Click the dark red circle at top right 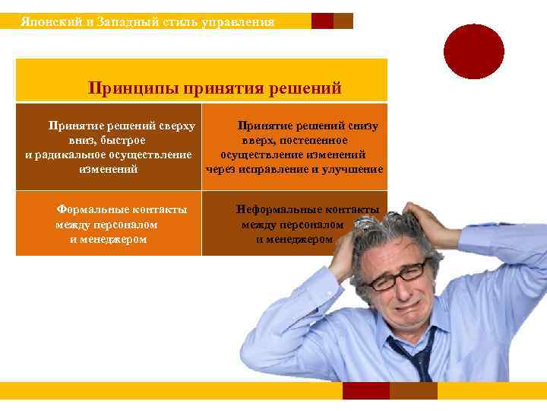click(474, 51)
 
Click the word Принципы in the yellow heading click(128, 88)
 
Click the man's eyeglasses click(395, 274)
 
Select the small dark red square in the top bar click(322, 21)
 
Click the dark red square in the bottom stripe click(365, 390)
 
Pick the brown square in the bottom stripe click(413, 390)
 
